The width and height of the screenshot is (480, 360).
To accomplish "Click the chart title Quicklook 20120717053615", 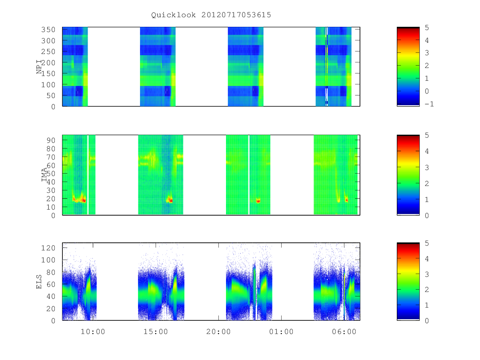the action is (x=211, y=15).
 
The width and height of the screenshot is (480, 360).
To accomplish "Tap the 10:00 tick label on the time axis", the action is (x=93, y=332).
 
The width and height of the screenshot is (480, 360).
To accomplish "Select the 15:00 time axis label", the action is (x=156, y=332).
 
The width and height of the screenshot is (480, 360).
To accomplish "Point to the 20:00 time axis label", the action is (x=218, y=332).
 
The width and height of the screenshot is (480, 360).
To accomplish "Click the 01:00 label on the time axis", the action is (x=281, y=332).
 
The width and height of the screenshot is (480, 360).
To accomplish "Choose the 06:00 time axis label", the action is (x=344, y=332).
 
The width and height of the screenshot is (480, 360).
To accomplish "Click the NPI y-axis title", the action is (x=39, y=67).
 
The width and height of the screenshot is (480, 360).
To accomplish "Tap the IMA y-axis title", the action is (x=44, y=175).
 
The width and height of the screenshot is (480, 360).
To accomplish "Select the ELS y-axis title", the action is (x=39, y=282).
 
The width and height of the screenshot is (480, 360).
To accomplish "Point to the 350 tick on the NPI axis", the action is (x=48, y=30).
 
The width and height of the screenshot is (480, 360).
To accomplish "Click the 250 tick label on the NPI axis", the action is (x=48, y=52).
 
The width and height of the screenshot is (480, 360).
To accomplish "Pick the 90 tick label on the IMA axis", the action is (x=51, y=140).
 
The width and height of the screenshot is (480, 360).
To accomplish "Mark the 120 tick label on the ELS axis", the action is (x=48, y=248).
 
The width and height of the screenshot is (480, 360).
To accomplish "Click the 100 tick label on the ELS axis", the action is (x=48, y=260).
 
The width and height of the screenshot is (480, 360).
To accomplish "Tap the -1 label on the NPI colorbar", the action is (x=429, y=104).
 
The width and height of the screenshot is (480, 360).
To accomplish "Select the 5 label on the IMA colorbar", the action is (x=427, y=135).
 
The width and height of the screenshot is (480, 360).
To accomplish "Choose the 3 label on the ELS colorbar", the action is (x=427, y=274).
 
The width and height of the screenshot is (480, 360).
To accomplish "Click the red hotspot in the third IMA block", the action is (x=258, y=201).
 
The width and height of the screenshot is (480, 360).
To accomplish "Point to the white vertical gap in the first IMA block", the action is (x=88, y=175).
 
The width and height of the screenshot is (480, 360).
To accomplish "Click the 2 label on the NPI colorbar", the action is (x=427, y=66).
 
